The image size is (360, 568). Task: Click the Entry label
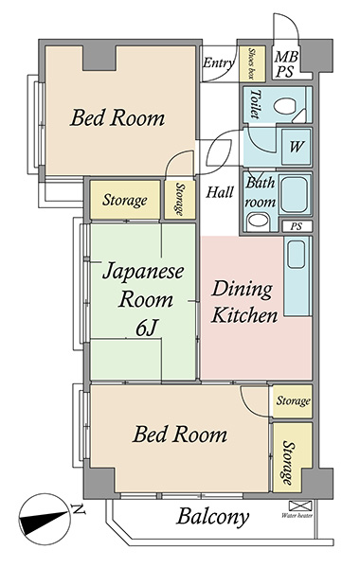click(218, 62)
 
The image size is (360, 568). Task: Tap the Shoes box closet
click(252, 63)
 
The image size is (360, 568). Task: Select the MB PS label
click(286, 63)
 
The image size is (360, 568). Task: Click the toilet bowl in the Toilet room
click(285, 106)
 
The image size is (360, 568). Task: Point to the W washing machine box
click(297, 147)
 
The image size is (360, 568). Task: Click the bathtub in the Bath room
click(295, 195)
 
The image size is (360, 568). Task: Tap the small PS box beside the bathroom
click(297, 226)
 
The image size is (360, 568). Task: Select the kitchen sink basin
click(297, 255)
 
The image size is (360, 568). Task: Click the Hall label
click(220, 191)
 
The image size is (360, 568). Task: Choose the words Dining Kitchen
click(243, 302)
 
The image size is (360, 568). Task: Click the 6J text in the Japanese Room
click(146, 328)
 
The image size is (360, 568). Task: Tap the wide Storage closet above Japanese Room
click(125, 200)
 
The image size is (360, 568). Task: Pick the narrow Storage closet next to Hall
click(180, 199)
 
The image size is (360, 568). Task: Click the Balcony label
click(213, 517)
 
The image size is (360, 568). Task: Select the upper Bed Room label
click(117, 117)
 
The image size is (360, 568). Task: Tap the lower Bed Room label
click(180, 434)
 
